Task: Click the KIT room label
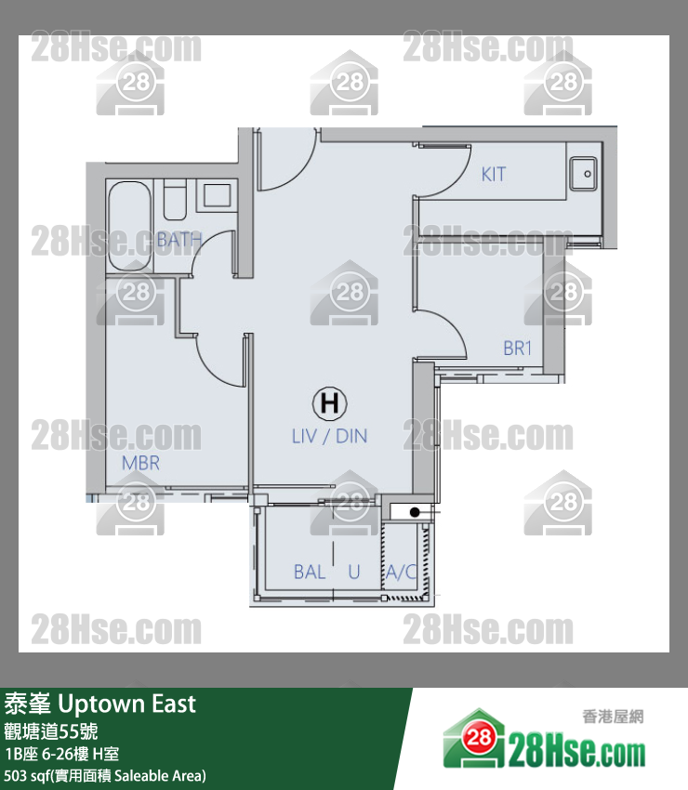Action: pos(493,175)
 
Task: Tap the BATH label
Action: pos(179,240)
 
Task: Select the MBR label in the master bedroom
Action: pos(140,463)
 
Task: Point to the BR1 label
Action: pos(518,349)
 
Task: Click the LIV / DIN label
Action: pos(330,436)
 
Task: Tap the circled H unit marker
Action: pos(330,403)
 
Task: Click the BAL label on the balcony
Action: pos(310,573)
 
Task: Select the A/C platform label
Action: pos(402,573)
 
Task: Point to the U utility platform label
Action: pos(354,573)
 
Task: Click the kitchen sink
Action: pos(583,174)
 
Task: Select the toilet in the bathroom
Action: pos(175,200)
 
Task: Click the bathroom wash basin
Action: pos(217,195)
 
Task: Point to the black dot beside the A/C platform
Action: pos(415,512)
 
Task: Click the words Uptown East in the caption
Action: pos(127,704)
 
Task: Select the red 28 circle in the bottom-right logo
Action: pos(479,738)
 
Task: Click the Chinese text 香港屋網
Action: pos(613,717)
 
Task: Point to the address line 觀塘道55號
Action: pos(51,731)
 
